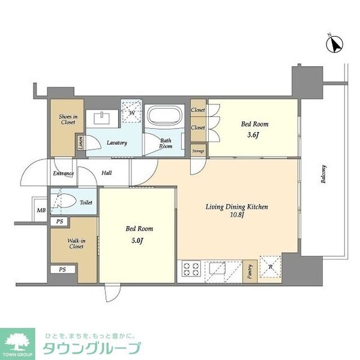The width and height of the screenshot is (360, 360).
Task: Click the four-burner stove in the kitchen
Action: [191, 270]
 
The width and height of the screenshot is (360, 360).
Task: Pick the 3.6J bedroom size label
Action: [254, 134]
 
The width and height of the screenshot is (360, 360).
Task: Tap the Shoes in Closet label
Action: [67, 119]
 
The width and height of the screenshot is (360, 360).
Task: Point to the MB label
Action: [41, 210]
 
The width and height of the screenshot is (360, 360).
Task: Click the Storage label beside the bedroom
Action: [198, 151]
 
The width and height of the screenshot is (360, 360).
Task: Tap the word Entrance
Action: [62, 173]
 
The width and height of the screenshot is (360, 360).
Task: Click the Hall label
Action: [107, 173]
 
